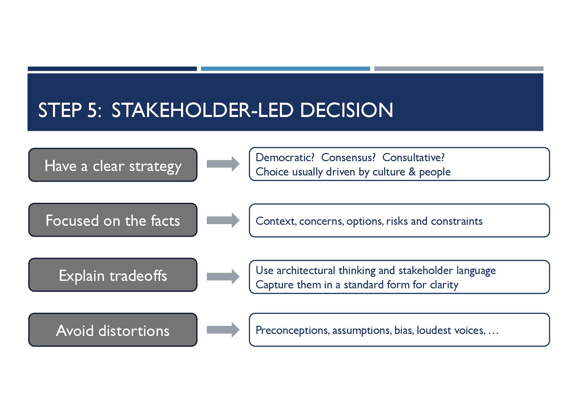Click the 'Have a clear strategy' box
tap(113, 165)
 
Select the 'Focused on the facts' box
tap(113, 220)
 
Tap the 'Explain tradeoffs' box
tap(113, 275)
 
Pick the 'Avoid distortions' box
tap(113, 330)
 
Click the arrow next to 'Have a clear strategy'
tap(223, 164)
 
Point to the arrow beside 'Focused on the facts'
tap(223, 220)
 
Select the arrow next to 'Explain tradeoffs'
tap(223, 276)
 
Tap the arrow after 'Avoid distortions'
tap(223, 330)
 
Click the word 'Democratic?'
tap(285, 157)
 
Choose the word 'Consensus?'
tap(348, 157)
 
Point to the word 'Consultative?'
tap(413, 157)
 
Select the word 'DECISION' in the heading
tap(346, 110)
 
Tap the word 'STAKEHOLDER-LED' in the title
tap(202, 110)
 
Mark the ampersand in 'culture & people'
tap(412, 172)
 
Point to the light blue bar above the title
tap(285, 69)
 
